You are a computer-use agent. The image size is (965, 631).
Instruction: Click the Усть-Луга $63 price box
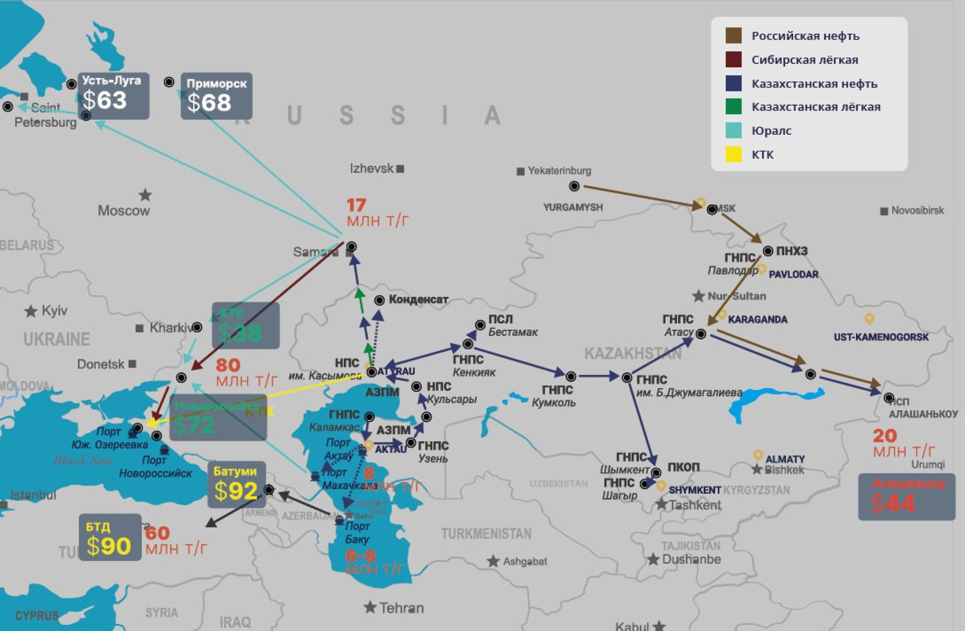[113, 96]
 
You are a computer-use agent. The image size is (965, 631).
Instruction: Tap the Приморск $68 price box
[216, 96]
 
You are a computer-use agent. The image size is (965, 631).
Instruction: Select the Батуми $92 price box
[236, 484]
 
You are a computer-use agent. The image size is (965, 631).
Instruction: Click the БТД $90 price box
[110, 537]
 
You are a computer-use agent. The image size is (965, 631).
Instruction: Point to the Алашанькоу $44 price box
[906, 497]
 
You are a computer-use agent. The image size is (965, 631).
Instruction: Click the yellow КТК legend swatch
[733, 154]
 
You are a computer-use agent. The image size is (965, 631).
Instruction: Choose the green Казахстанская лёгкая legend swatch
[733, 107]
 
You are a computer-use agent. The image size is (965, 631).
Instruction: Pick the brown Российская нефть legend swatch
[733, 36]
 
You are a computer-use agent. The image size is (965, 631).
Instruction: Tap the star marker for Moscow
[145, 195]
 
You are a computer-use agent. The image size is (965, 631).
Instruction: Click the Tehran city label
[401, 608]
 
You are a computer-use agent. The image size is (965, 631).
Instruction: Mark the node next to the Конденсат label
[379, 300]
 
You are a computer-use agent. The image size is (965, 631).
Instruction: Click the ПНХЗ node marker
[768, 251]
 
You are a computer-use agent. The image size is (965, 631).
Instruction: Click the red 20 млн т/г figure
[903, 443]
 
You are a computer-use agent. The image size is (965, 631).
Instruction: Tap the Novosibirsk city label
[917, 211]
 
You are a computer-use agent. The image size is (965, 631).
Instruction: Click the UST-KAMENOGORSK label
[881, 337]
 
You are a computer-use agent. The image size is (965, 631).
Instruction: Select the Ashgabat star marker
[493, 561]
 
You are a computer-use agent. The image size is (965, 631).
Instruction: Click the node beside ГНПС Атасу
[701, 333]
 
